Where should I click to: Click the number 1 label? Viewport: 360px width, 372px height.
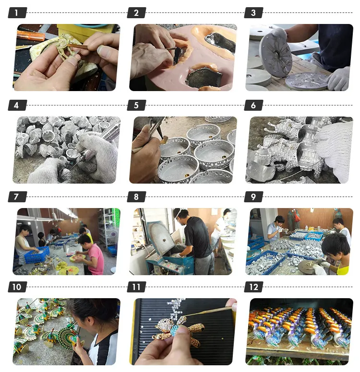coord(17,13)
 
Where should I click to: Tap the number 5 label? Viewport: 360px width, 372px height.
coord(136,105)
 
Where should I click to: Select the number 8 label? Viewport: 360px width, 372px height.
coord(136,197)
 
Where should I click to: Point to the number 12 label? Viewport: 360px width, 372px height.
coord(253,287)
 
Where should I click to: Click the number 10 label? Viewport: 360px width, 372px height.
coord(17,287)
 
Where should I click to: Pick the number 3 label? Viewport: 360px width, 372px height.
coord(253,13)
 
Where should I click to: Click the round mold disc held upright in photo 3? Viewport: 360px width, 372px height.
coord(276,52)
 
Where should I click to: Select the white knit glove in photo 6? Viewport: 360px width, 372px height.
coord(336,144)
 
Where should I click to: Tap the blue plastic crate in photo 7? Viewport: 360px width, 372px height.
coord(36,255)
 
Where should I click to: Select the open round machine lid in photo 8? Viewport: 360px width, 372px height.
coord(161,237)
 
